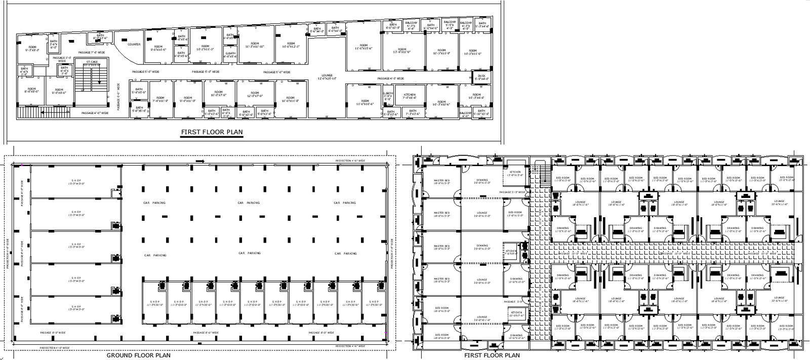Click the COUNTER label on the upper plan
click(134, 45)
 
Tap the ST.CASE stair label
click(92, 62)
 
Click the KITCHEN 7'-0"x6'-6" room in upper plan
click(409, 96)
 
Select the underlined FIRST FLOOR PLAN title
click(212, 133)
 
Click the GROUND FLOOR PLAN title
click(138, 355)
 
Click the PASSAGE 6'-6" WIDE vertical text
click(118, 97)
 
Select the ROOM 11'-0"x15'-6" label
click(363, 47)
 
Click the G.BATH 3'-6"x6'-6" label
click(388, 96)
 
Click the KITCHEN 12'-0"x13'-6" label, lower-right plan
click(515, 173)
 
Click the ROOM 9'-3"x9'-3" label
click(32, 49)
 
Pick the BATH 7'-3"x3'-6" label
click(412, 112)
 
